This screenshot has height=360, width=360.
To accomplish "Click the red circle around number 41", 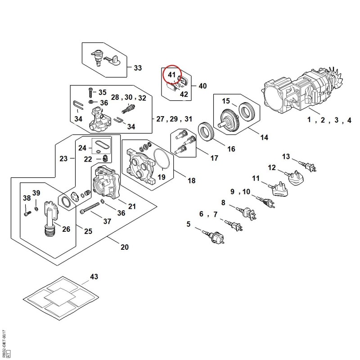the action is tap(163, 74).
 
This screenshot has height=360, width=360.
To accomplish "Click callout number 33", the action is tap(138, 68).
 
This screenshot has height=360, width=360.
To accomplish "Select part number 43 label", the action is tap(94, 277).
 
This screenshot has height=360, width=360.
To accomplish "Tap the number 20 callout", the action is tap(125, 247).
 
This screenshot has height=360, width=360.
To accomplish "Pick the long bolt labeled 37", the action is tap(90, 207).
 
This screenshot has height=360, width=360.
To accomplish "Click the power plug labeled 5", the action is tap(214, 236).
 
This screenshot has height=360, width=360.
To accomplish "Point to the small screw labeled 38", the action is tap(27, 213).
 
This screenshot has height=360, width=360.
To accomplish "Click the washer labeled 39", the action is tap(36, 208).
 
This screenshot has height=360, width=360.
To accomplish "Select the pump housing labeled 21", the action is tap(106, 182).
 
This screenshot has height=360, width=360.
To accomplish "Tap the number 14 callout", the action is tap(264, 137).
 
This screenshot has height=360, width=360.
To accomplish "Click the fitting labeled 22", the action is tap(105, 158).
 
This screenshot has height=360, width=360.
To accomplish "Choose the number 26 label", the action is tap(66, 229).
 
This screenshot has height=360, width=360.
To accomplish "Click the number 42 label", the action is tap(184, 94).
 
